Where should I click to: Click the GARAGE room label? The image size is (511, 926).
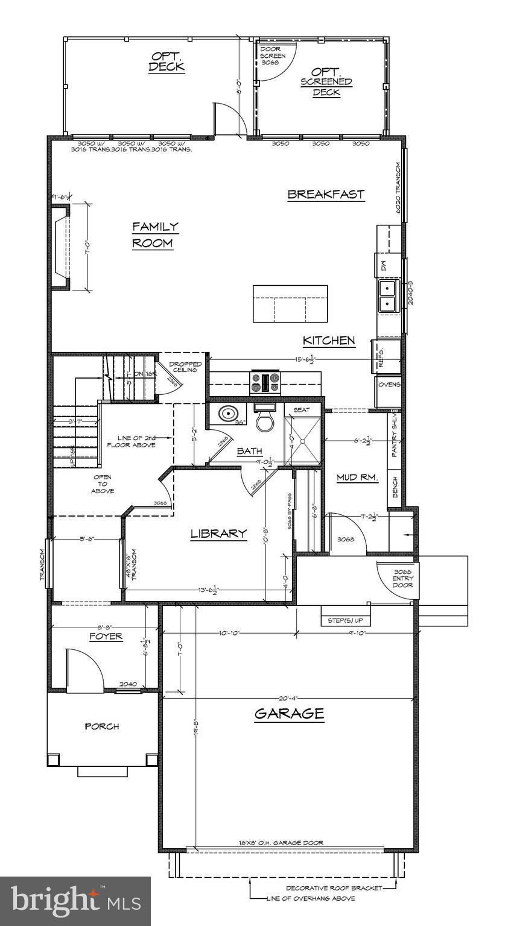289,714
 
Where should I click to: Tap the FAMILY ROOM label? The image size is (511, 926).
155,235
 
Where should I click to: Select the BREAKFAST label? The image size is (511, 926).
326,194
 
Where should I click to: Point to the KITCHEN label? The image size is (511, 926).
329,341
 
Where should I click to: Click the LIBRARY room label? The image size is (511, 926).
218,534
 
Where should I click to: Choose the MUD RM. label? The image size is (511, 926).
357,477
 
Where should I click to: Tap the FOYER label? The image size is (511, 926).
106,637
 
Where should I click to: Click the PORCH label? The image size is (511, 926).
101,726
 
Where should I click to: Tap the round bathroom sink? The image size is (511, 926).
229,415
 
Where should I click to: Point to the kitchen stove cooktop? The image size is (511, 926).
266,382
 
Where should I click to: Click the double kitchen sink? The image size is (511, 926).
387,296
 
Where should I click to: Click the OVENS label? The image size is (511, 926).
389,385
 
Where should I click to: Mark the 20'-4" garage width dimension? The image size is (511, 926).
289,698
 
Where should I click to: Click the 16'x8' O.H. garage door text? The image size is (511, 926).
284,843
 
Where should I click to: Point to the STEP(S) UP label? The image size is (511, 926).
346,620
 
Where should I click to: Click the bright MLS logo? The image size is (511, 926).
75,901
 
